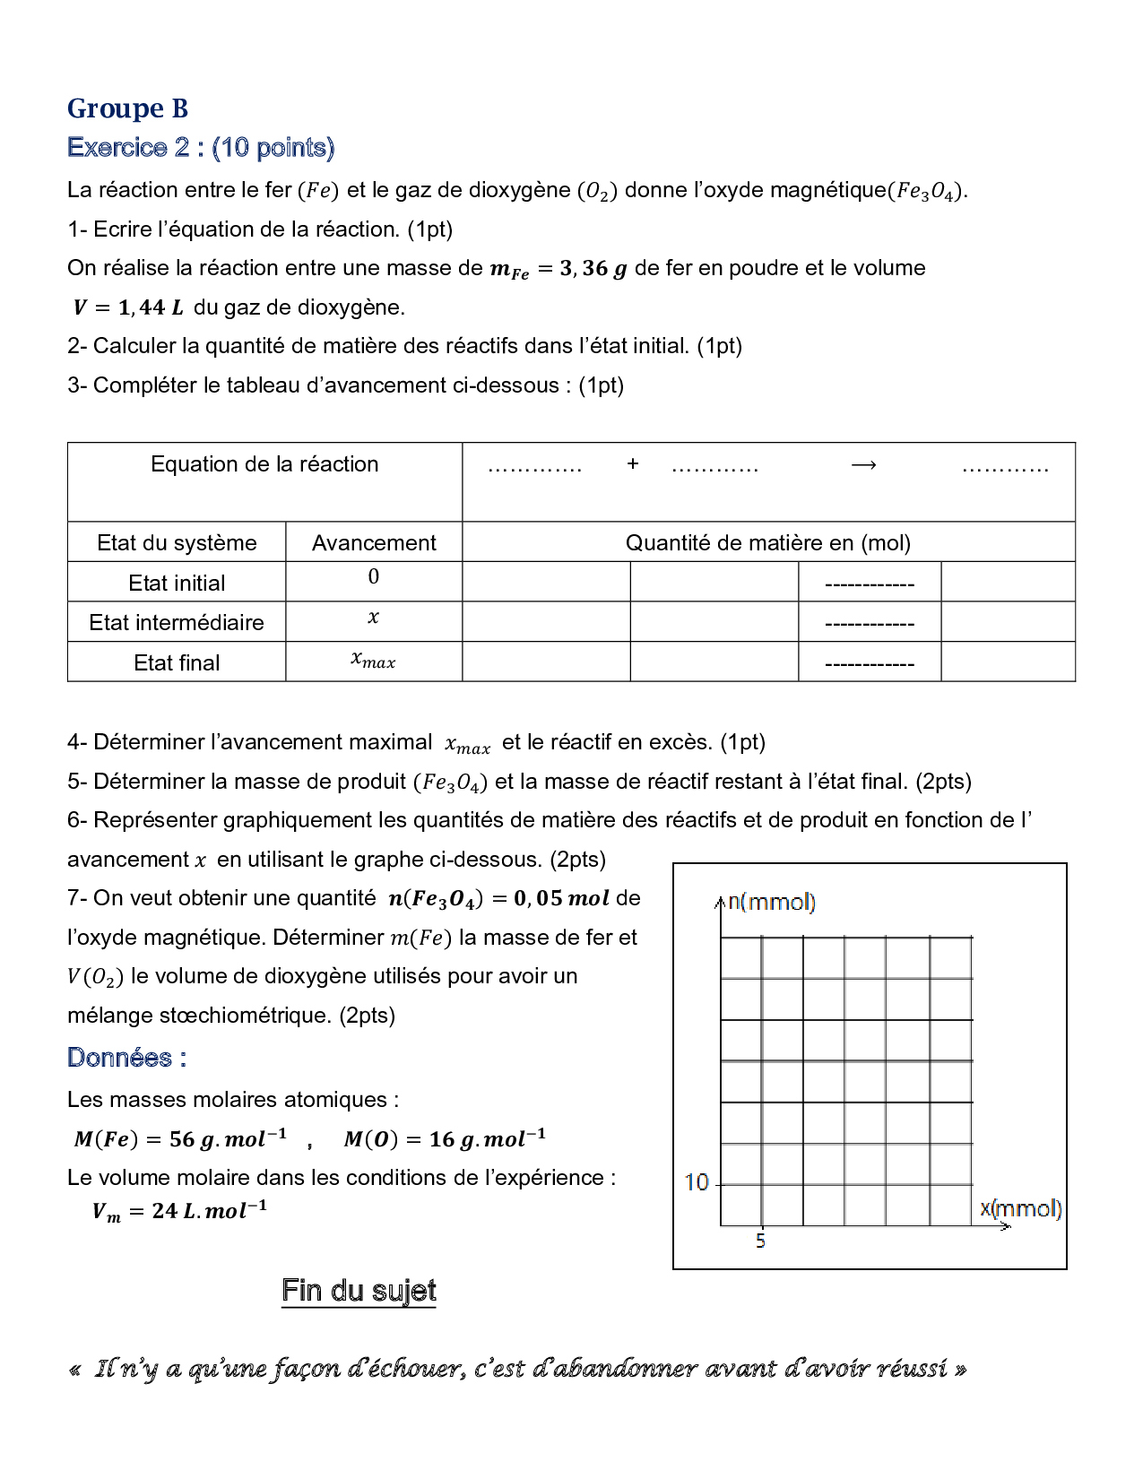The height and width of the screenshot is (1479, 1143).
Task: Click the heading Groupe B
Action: [x=127, y=108]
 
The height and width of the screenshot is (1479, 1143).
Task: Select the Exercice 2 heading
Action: [x=200, y=148]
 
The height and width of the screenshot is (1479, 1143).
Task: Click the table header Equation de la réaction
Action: [x=264, y=464]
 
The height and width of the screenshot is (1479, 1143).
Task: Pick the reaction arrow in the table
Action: [x=863, y=465]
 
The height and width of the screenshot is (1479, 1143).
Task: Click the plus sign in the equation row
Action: [x=633, y=464]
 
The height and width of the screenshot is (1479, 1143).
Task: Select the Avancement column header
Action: [x=374, y=543]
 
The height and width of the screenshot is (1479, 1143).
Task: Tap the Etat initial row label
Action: [x=177, y=584]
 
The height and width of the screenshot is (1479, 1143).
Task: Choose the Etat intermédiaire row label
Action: [x=177, y=623]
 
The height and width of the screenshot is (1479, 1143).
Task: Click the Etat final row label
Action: [x=177, y=663]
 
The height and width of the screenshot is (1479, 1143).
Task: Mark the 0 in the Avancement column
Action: [x=374, y=577]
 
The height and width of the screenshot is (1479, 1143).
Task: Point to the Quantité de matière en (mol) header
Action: [x=767, y=543]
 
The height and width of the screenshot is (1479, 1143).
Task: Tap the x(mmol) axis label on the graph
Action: [x=1020, y=1208]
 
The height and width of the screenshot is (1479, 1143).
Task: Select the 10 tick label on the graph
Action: [x=697, y=1183]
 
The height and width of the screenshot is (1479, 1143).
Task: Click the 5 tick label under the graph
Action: [x=760, y=1241]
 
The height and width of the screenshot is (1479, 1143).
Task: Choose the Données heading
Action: [x=126, y=1058]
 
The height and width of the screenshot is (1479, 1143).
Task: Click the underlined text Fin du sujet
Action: [x=359, y=1291]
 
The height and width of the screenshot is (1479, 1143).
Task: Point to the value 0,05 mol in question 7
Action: [x=561, y=898]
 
